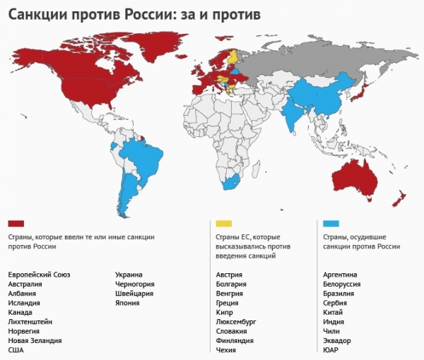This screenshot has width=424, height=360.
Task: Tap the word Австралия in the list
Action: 25,284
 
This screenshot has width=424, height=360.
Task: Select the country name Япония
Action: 127,302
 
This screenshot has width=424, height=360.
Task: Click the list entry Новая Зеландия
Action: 35,340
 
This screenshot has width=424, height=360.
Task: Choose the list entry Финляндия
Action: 240,340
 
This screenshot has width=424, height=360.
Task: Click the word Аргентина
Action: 340,275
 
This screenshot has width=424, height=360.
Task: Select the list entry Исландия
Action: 24,302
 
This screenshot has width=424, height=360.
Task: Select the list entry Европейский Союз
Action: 39,275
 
